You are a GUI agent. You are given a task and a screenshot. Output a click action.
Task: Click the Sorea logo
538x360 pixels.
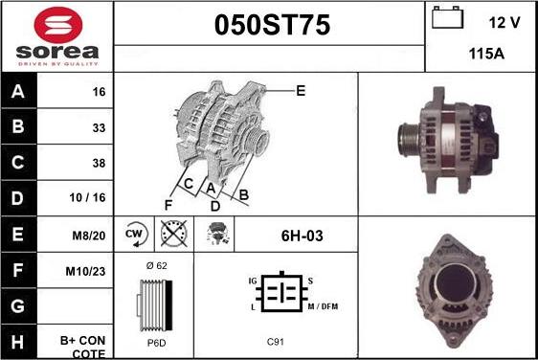[x=56, y=35]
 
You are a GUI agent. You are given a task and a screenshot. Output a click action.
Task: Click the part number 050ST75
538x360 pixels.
[x=269, y=27]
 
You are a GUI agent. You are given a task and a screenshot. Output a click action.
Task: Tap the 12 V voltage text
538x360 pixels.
[x=504, y=22]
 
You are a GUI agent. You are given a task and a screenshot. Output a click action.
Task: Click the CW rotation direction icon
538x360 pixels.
[x=134, y=234]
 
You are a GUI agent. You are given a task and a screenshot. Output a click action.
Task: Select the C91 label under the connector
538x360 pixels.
[x=275, y=341]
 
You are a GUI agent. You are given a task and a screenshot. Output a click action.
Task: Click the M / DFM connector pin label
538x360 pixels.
[x=324, y=305]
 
